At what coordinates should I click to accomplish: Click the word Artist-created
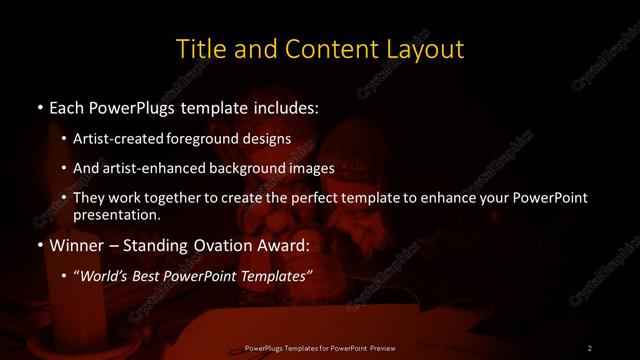click(x=137, y=139)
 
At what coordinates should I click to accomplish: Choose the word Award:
click(x=281, y=245)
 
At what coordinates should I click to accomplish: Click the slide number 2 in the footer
click(x=590, y=347)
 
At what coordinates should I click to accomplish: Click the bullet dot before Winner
click(x=39, y=245)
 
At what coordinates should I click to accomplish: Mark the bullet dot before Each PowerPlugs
click(x=39, y=105)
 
